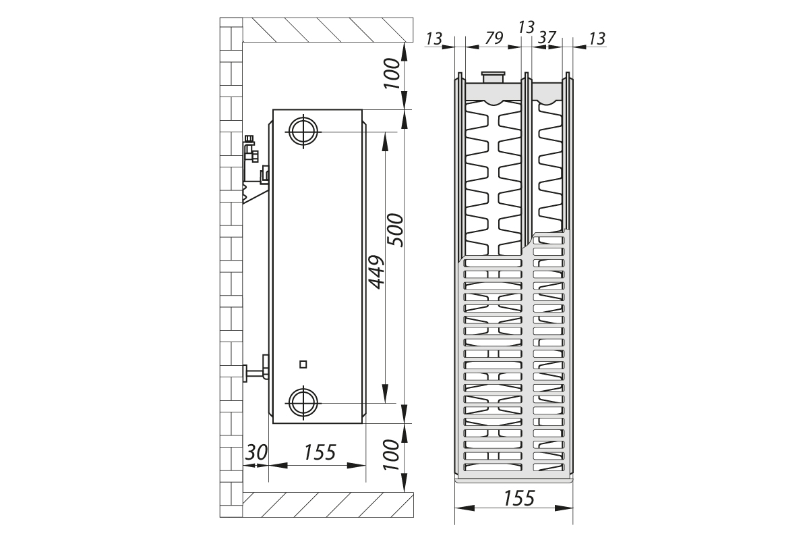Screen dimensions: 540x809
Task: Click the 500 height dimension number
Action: pyautogui.click(x=396, y=230)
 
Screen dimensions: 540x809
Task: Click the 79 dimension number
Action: pyautogui.click(x=494, y=38)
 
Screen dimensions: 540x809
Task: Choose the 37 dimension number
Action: pyautogui.click(x=547, y=38)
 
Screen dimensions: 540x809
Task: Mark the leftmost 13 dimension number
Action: pyautogui.click(x=433, y=38)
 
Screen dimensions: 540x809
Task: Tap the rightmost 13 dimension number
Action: pyautogui.click(x=597, y=38)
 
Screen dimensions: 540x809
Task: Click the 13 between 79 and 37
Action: pyautogui.click(x=527, y=27)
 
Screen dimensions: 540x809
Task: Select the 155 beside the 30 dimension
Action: pyautogui.click(x=319, y=452)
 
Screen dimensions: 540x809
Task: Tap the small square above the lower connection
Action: pyautogui.click(x=303, y=364)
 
